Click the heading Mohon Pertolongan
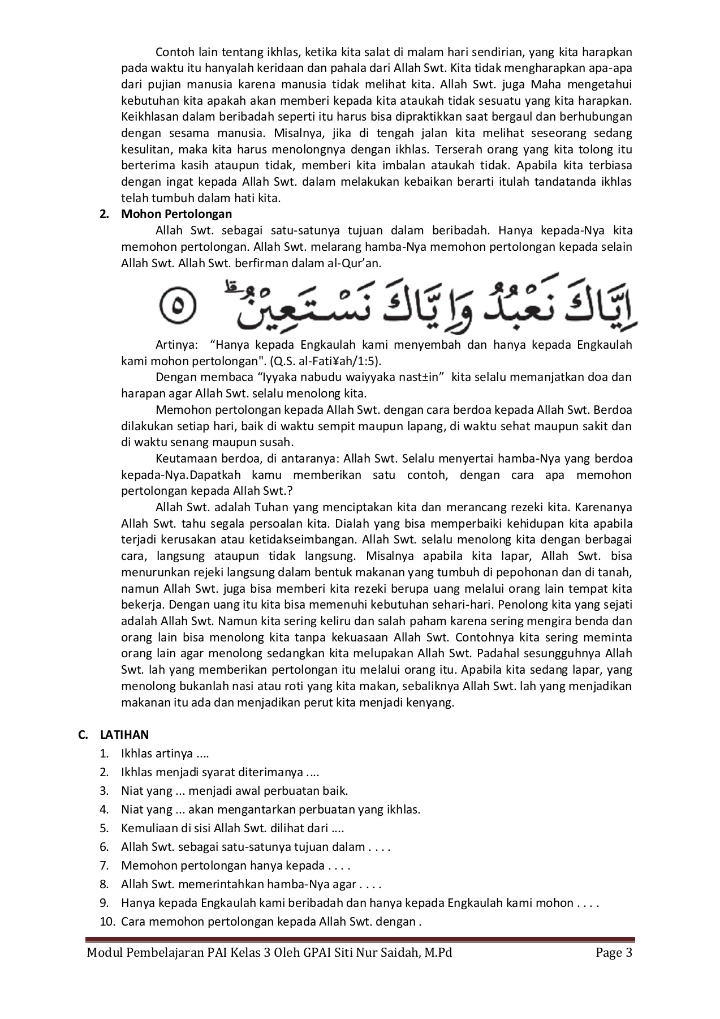coord(176,214)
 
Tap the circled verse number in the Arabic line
coord(177,307)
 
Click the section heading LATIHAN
coord(124,735)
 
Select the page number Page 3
coord(614,953)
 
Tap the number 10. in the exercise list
coord(107,922)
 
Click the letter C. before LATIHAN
coord(84,735)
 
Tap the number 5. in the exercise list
coord(104,828)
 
